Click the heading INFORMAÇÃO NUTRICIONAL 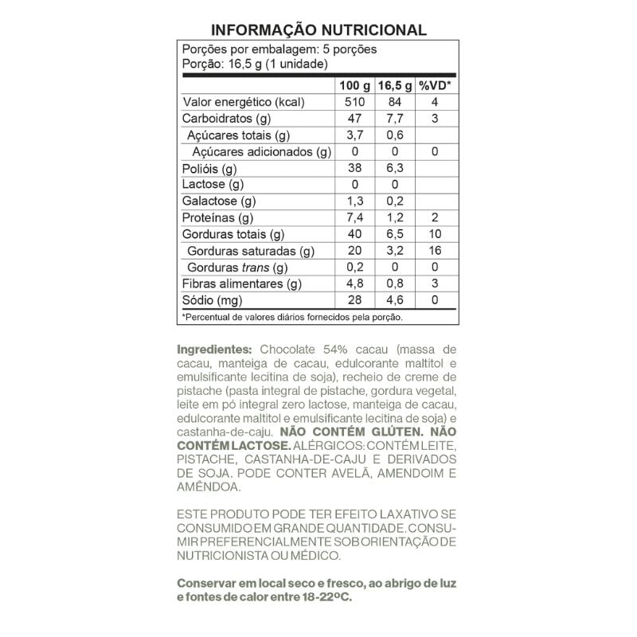pyautogui.click(x=318, y=30)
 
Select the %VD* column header pyautogui.click(x=435, y=85)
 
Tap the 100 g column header pyautogui.click(x=355, y=85)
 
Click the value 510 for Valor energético pyautogui.click(x=355, y=103)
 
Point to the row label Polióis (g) pyautogui.click(x=210, y=169)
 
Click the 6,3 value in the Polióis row pyautogui.click(x=395, y=169)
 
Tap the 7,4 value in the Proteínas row pyautogui.click(x=355, y=218)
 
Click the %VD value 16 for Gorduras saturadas pyautogui.click(x=435, y=251)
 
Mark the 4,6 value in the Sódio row pyautogui.click(x=395, y=301)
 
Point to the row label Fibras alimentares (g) pyautogui.click(x=242, y=284)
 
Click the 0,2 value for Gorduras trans pyautogui.click(x=355, y=268)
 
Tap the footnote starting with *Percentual pyautogui.click(x=292, y=317)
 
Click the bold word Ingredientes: pyautogui.click(x=214, y=350)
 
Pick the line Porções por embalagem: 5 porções pyautogui.click(x=279, y=49)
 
